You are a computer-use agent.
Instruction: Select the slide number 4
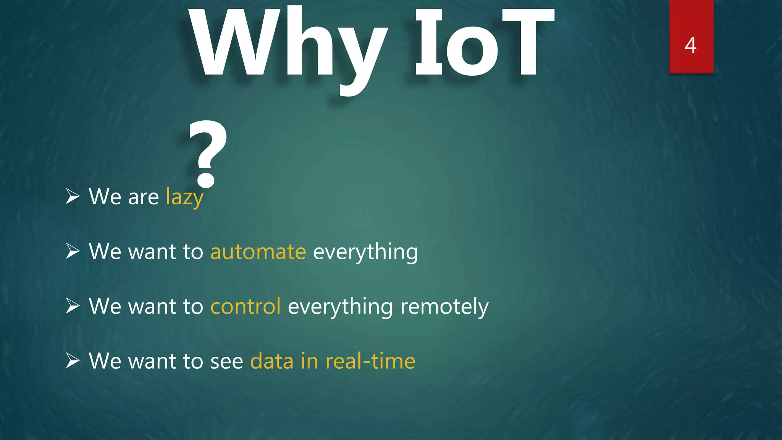point(690,45)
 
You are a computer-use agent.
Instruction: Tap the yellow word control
point(246,306)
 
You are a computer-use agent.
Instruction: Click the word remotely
point(444,307)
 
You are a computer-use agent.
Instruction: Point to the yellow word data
point(272,361)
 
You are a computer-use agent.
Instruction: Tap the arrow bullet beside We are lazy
point(73,197)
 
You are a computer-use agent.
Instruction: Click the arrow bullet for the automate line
point(73,251)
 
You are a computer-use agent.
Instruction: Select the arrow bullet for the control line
point(73,306)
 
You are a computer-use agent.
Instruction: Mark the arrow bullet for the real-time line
point(73,361)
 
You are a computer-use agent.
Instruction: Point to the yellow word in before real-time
point(309,361)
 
